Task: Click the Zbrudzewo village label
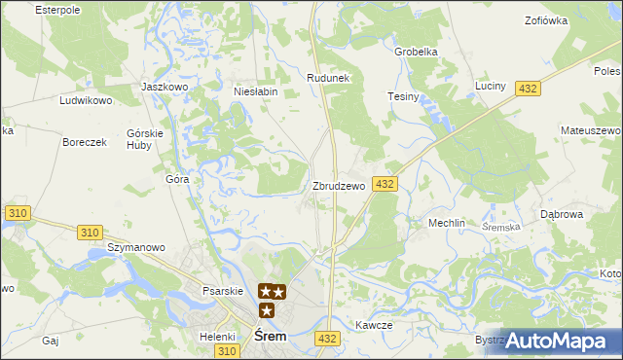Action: point(338,186)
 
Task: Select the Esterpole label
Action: point(56,10)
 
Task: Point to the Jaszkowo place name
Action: point(164,87)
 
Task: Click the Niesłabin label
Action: point(256,91)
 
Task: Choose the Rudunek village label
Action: point(328,78)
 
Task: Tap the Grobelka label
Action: point(416,52)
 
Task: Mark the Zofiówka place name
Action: point(545,20)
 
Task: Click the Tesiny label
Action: point(403,97)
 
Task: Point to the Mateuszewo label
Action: point(591,130)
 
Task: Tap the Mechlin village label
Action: point(447,223)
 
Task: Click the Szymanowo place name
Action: point(135,248)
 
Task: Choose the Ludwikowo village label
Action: point(87,100)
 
